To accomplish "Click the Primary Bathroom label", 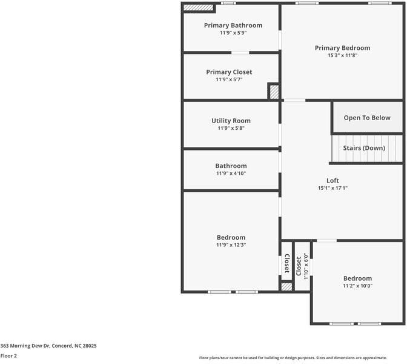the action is coord(233,25).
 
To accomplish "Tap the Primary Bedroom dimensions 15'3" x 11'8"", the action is coord(343,55).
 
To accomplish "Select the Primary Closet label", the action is coord(229,72).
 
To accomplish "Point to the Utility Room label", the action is coord(231,121).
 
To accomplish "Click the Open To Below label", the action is coord(367,118).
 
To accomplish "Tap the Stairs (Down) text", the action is coord(364,148).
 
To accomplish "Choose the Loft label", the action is coord(333,180).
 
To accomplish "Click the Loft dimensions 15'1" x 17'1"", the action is coord(333,188).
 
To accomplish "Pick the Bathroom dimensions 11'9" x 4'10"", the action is coord(231,174).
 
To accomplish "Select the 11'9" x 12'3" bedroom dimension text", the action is coord(231,245).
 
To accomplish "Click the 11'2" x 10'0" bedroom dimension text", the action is coord(358,286).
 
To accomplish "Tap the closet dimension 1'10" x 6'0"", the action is coord(305,266).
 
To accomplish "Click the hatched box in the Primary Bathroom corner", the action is coord(198,7).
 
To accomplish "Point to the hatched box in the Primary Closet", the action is coord(274,92).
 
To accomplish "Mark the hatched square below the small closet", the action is coord(286,286).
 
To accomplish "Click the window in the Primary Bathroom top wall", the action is coord(228,3).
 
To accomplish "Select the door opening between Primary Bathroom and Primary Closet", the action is coord(240,53).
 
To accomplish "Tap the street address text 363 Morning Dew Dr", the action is coord(25,346).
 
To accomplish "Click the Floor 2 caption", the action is coord(8,356).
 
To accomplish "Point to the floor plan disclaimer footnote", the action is coord(293,358).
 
